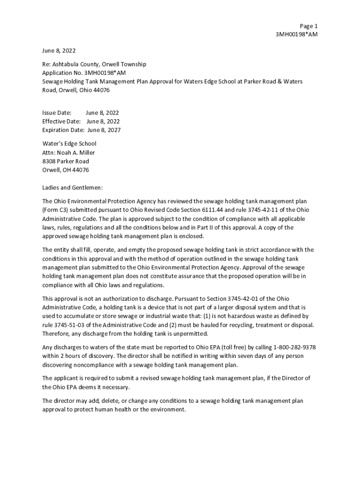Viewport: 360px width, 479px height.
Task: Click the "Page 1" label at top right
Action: [x=309, y=26]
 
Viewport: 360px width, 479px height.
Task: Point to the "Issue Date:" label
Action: [x=57, y=113]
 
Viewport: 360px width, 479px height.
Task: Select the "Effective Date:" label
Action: [x=61, y=122]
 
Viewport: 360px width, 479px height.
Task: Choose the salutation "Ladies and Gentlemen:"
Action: [x=72, y=188]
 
